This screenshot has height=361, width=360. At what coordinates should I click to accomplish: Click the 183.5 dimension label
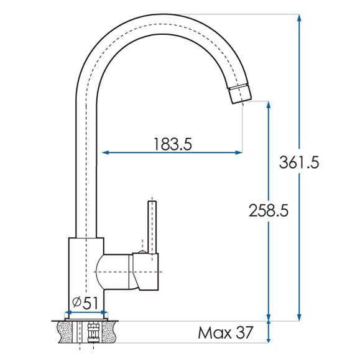[172, 144]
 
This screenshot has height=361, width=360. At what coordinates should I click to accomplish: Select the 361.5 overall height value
[299, 163]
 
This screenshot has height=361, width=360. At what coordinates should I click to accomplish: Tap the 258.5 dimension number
[268, 210]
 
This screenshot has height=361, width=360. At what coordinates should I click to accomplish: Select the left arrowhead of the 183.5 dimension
[104, 152]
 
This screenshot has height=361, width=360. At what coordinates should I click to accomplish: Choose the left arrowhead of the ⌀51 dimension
[65, 312]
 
